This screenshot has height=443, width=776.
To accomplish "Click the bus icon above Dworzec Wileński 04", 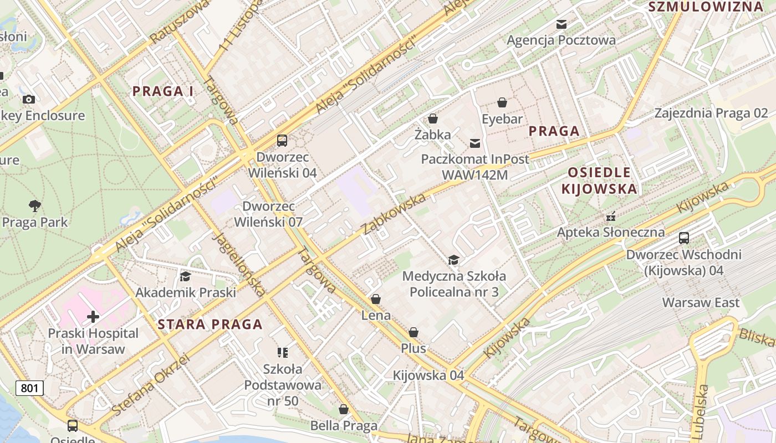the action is coord(282,141).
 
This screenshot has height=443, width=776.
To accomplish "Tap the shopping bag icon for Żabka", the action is coord(433,119).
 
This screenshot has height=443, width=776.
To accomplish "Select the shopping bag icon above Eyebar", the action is coord(502,102).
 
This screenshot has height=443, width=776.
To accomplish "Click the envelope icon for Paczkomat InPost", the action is coord(475,143).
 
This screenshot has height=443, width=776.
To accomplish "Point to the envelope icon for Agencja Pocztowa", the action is coord(561,24).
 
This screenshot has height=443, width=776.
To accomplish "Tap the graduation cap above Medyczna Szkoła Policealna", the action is coord(453,260).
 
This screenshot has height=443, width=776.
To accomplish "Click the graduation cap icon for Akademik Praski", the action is coord(185,276).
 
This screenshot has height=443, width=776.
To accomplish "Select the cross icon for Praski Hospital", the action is coord(93,317).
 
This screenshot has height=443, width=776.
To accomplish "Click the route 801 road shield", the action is coord(29,388).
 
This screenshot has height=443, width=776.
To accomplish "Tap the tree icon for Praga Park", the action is coord(35,206).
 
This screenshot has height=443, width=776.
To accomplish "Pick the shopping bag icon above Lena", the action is coord(376,299).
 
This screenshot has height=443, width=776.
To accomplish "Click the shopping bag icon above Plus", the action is coord(413,332).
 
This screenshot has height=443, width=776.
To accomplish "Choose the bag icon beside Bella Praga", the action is coord(344,409).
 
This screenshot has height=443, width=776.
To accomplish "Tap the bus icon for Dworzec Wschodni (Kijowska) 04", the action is coord(684,238).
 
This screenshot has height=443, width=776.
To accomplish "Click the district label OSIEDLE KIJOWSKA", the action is coord(599,181).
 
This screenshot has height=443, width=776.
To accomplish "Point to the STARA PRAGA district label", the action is coord(210,324).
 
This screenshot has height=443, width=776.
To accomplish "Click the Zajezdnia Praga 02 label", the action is coord(711,114).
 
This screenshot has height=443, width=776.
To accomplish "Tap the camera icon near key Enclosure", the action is coord(29,99).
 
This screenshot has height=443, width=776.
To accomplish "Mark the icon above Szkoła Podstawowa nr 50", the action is coord(283,352).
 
